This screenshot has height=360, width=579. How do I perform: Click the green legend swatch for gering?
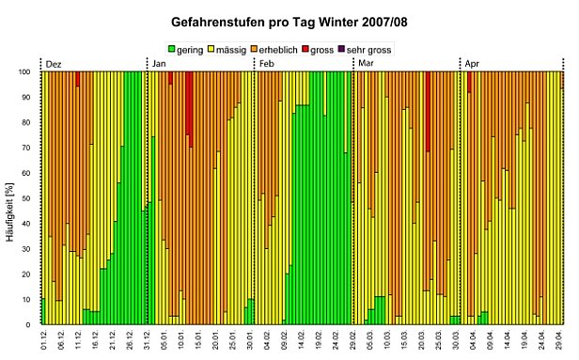coord(173,49)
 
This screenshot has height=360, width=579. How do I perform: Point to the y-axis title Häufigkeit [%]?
coord(12,197)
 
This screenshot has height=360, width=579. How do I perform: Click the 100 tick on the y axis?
coord(27,71)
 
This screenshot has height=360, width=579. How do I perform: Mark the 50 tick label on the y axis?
coord(29,198)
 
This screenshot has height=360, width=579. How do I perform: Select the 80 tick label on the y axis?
coord(29,122)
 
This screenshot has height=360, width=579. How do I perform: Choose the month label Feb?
coord(267,63)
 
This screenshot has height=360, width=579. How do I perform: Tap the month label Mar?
coord(365,63)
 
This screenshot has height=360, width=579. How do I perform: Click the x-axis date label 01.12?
coord(44,341)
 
